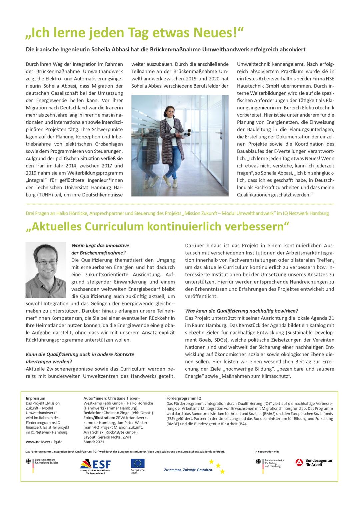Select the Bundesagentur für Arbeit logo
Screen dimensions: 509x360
[x=314, y=462]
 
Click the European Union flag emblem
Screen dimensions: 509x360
[x=138, y=463]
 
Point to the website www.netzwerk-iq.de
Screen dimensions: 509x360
[x=44, y=442]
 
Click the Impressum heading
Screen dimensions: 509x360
[x=35, y=398]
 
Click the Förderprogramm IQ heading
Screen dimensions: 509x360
[x=184, y=398]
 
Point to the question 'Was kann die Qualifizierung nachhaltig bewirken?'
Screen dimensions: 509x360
[x=242, y=311]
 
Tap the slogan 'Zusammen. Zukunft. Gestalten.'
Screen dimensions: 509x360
[x=188, y=470]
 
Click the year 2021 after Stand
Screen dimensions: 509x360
[x=100, y=442]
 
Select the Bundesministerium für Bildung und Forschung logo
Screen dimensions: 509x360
[x=270, y=464]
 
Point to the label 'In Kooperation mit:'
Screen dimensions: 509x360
[x=267, y=452]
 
